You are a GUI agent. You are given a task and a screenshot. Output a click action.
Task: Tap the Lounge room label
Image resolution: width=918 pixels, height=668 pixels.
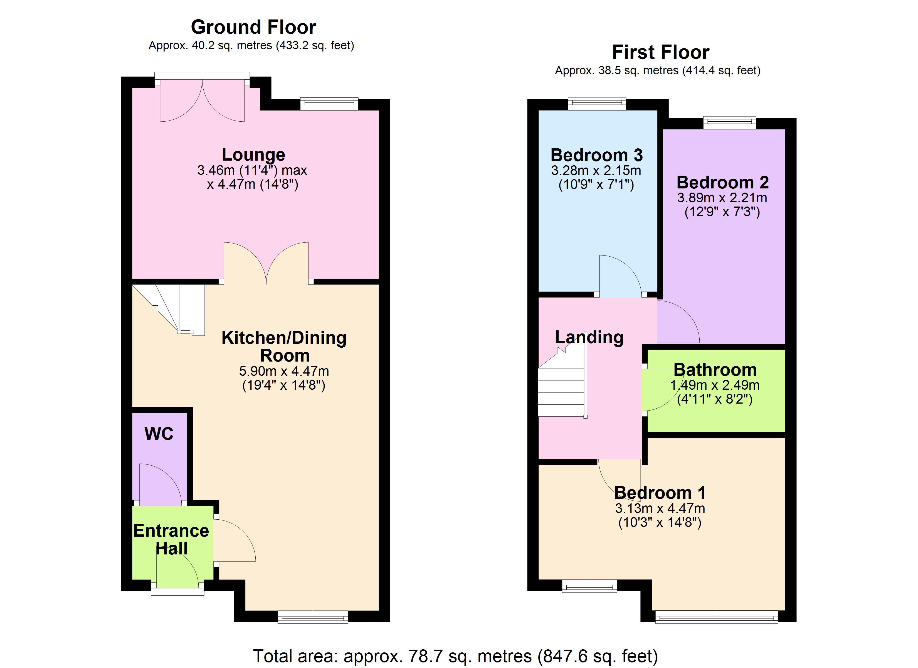tap(253, 155)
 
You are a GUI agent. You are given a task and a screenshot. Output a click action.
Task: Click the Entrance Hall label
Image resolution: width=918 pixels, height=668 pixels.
tap(171, 539)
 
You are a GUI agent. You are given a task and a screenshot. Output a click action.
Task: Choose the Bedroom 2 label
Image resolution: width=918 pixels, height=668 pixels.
tap(722, 182)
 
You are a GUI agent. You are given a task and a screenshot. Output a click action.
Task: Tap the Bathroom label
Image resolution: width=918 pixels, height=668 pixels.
tap(715, 369)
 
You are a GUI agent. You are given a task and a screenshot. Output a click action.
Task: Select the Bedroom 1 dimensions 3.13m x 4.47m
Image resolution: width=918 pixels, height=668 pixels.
tap(660, 508)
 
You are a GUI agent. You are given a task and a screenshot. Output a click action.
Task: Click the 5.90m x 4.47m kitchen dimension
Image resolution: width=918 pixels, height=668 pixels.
tap(284, 371)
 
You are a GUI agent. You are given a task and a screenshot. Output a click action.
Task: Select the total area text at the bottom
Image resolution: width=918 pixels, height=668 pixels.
tap(455, 656)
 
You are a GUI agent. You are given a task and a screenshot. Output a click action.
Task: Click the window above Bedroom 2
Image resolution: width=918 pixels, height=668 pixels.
tap(729, 123)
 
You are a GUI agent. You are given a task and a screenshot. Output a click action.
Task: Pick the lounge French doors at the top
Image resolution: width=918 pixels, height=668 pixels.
tap(202, 99)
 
